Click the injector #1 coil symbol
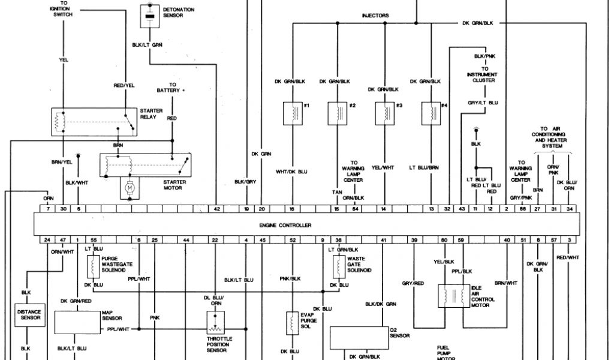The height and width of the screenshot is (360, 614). tap(292, 112)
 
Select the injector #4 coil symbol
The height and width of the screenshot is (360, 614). tap(429, 112)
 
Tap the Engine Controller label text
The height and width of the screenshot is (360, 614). tap(285, 225)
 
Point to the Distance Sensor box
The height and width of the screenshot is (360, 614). tap(28, 314)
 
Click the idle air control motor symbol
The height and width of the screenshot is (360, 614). tap(454, 295)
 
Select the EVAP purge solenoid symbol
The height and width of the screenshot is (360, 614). tap(292, 323)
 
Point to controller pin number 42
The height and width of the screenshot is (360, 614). tap(217, 209)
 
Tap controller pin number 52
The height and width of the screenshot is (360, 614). tap(293, 240)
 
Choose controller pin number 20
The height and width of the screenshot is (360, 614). tap(261, 209)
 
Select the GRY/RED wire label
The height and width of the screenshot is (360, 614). tap(413, 283)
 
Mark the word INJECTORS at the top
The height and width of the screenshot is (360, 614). tap(375, 16)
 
